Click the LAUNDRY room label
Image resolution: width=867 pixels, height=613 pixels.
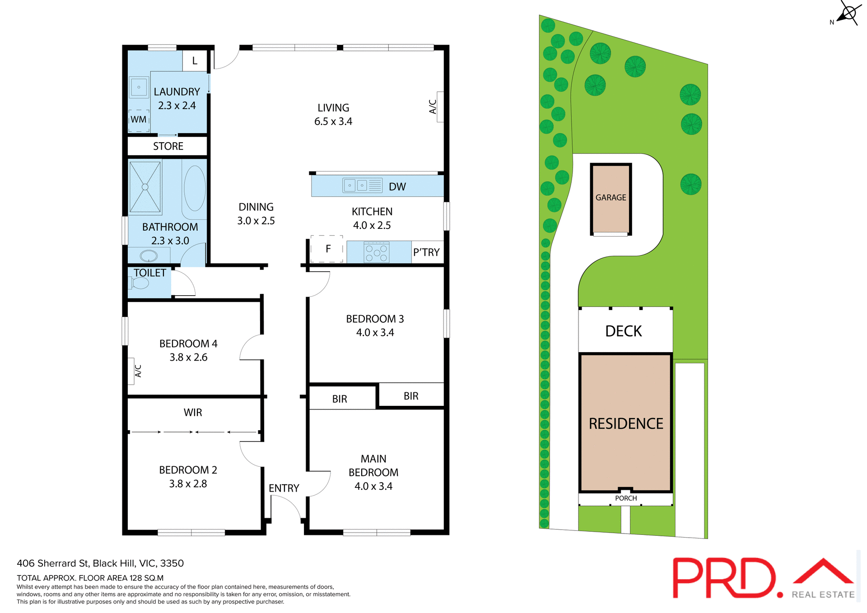177,92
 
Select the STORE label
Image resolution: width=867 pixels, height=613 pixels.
168,146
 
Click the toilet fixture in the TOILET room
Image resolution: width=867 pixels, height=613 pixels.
140,283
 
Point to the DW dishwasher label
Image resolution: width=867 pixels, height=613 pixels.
397,187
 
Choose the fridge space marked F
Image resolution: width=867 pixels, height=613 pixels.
327,249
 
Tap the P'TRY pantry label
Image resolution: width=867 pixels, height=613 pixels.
426,252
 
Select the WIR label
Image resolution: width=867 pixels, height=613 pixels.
193,413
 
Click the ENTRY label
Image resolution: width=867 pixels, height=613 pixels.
284,488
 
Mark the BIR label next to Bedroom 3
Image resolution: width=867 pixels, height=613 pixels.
410,396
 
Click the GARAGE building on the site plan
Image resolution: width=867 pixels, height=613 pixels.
611,198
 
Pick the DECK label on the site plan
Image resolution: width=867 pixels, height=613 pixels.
623,331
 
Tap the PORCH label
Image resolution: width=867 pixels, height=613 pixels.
626,498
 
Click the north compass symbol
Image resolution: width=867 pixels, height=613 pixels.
848,14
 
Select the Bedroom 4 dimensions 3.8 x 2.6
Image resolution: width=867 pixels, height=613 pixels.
188,358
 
